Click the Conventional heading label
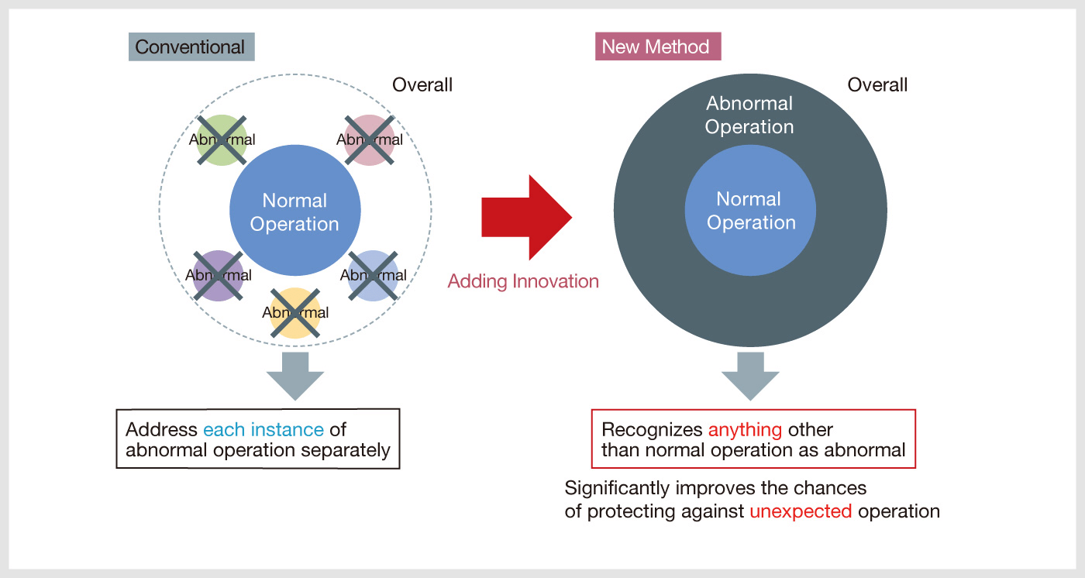pyautogui.click(x=191, y=47)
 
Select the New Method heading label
pyautogui.click(x=658, y=46)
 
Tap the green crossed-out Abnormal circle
pyautogui.click(x=222, y=140)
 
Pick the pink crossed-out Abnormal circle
pyautogui.click(x=370, y=140)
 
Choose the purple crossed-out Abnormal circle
pyautogui.click(x=219, y=276)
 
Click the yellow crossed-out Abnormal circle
pyautogui.click(x=295, y=313)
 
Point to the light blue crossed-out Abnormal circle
pyautogui.click(x=373, y=276)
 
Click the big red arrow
pyautogui.click(x=526, y=218)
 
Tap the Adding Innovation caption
pyautogui.click(x=523, y=281)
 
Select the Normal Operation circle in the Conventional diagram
pyautogui.click(x=295, y=210)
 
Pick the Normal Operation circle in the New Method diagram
pyautogui.click(x=750, y=210)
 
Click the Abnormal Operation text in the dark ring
pyautogui.click(x=749, y=115)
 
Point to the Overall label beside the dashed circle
pyautogui.click(x=422, y=84)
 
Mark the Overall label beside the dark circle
pyautogui.click(x=877, y=84)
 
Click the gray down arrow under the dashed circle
pyautogui.click(x=295, y=376)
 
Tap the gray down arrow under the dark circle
pyautogui.click(x=750, y=376)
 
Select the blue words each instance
pyautogui.click(x=263, y=430)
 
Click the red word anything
pyautogui.click(x=745, y=430)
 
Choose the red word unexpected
pyautogui.click(x=801, y=511)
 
